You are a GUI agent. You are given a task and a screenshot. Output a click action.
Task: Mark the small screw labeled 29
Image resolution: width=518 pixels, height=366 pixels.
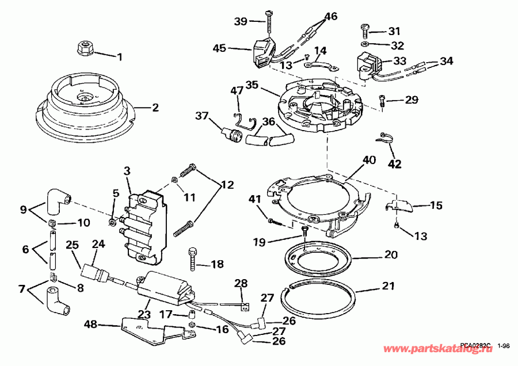[x=382, y=101]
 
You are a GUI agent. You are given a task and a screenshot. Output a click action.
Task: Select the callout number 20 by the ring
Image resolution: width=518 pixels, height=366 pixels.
[x=391, y=254]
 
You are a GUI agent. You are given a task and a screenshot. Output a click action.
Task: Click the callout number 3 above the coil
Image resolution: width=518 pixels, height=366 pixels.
[x=127, y=171]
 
